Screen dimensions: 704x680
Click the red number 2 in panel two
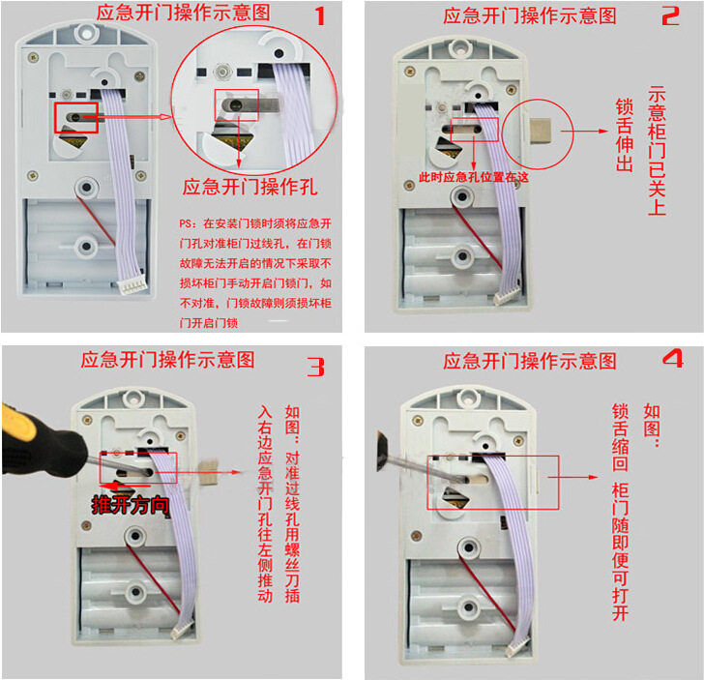click(670, 15)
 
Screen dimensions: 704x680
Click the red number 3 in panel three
click(316, 367)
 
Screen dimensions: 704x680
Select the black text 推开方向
click(132, 504)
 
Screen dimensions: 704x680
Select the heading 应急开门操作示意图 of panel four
click(530, 361)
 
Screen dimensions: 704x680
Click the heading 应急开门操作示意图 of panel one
click(183, 13)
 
